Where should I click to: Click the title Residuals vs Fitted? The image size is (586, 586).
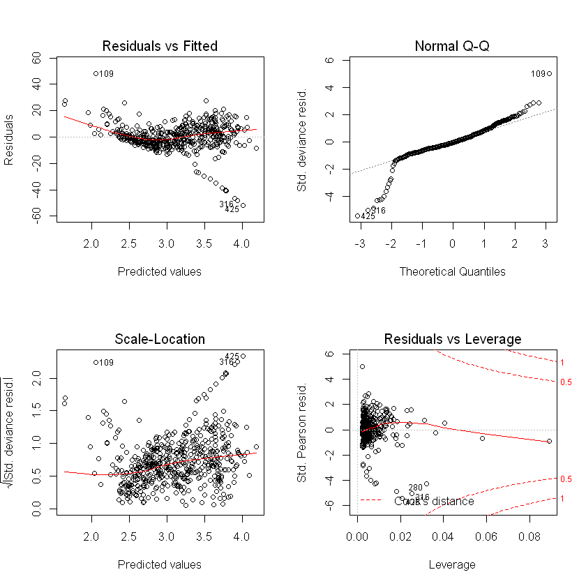tap(160, 46)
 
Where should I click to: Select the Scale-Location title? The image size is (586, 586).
tap(160, 339)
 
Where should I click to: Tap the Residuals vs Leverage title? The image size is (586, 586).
tap(452, 339)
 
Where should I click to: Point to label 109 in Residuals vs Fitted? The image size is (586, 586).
tap(106, 73)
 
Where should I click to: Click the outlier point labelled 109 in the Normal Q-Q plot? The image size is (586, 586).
tap(549, 73)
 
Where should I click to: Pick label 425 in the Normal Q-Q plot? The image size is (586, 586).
tap(368, 216)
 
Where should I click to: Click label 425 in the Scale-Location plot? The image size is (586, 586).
tap(232, 356)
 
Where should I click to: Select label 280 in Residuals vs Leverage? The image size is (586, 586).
tap(415, 488)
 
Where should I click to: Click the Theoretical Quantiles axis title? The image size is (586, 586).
tap(452, 271)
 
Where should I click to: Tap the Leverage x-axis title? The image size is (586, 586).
tap(452, 564)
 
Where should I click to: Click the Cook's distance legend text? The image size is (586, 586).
tap(434, 501)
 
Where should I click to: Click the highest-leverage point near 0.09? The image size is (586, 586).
tap(549, 441)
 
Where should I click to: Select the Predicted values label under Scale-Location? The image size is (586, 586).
tap(160, 564)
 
